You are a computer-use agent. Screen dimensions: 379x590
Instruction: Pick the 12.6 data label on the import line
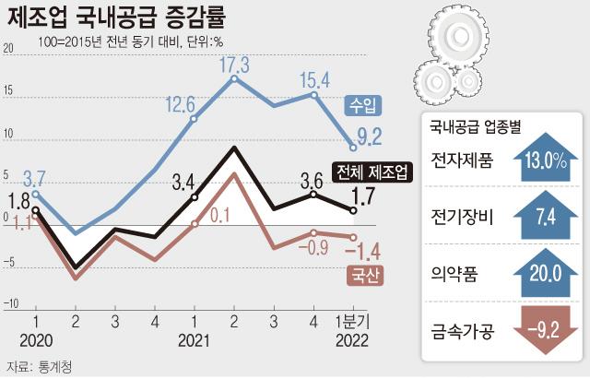coord(180,102)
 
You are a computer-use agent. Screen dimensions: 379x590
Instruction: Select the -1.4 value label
coord(369,249)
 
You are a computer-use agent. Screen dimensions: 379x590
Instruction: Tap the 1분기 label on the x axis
coord(351,323)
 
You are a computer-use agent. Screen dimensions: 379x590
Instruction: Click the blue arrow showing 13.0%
coord(544,160)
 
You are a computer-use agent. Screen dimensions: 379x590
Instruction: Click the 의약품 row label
coord(454,274)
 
